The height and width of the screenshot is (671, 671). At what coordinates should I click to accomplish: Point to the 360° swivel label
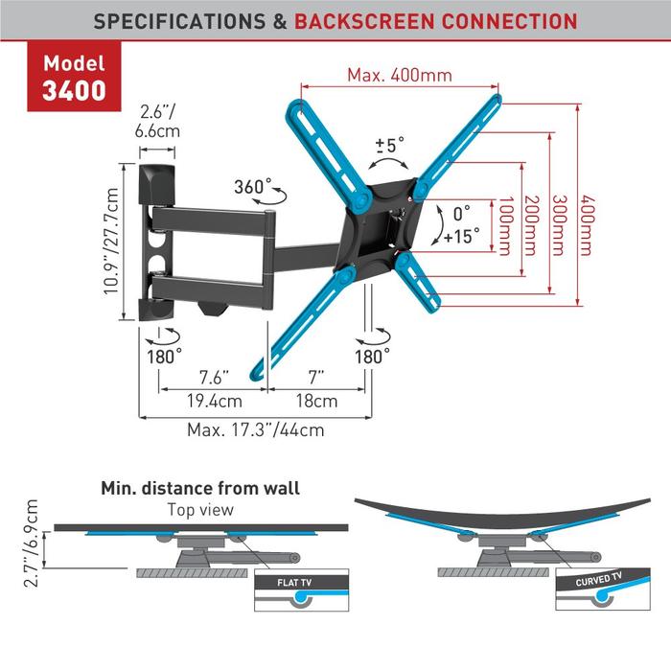(253, 186)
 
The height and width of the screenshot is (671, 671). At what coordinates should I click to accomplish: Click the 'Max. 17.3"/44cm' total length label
(255, 429)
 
